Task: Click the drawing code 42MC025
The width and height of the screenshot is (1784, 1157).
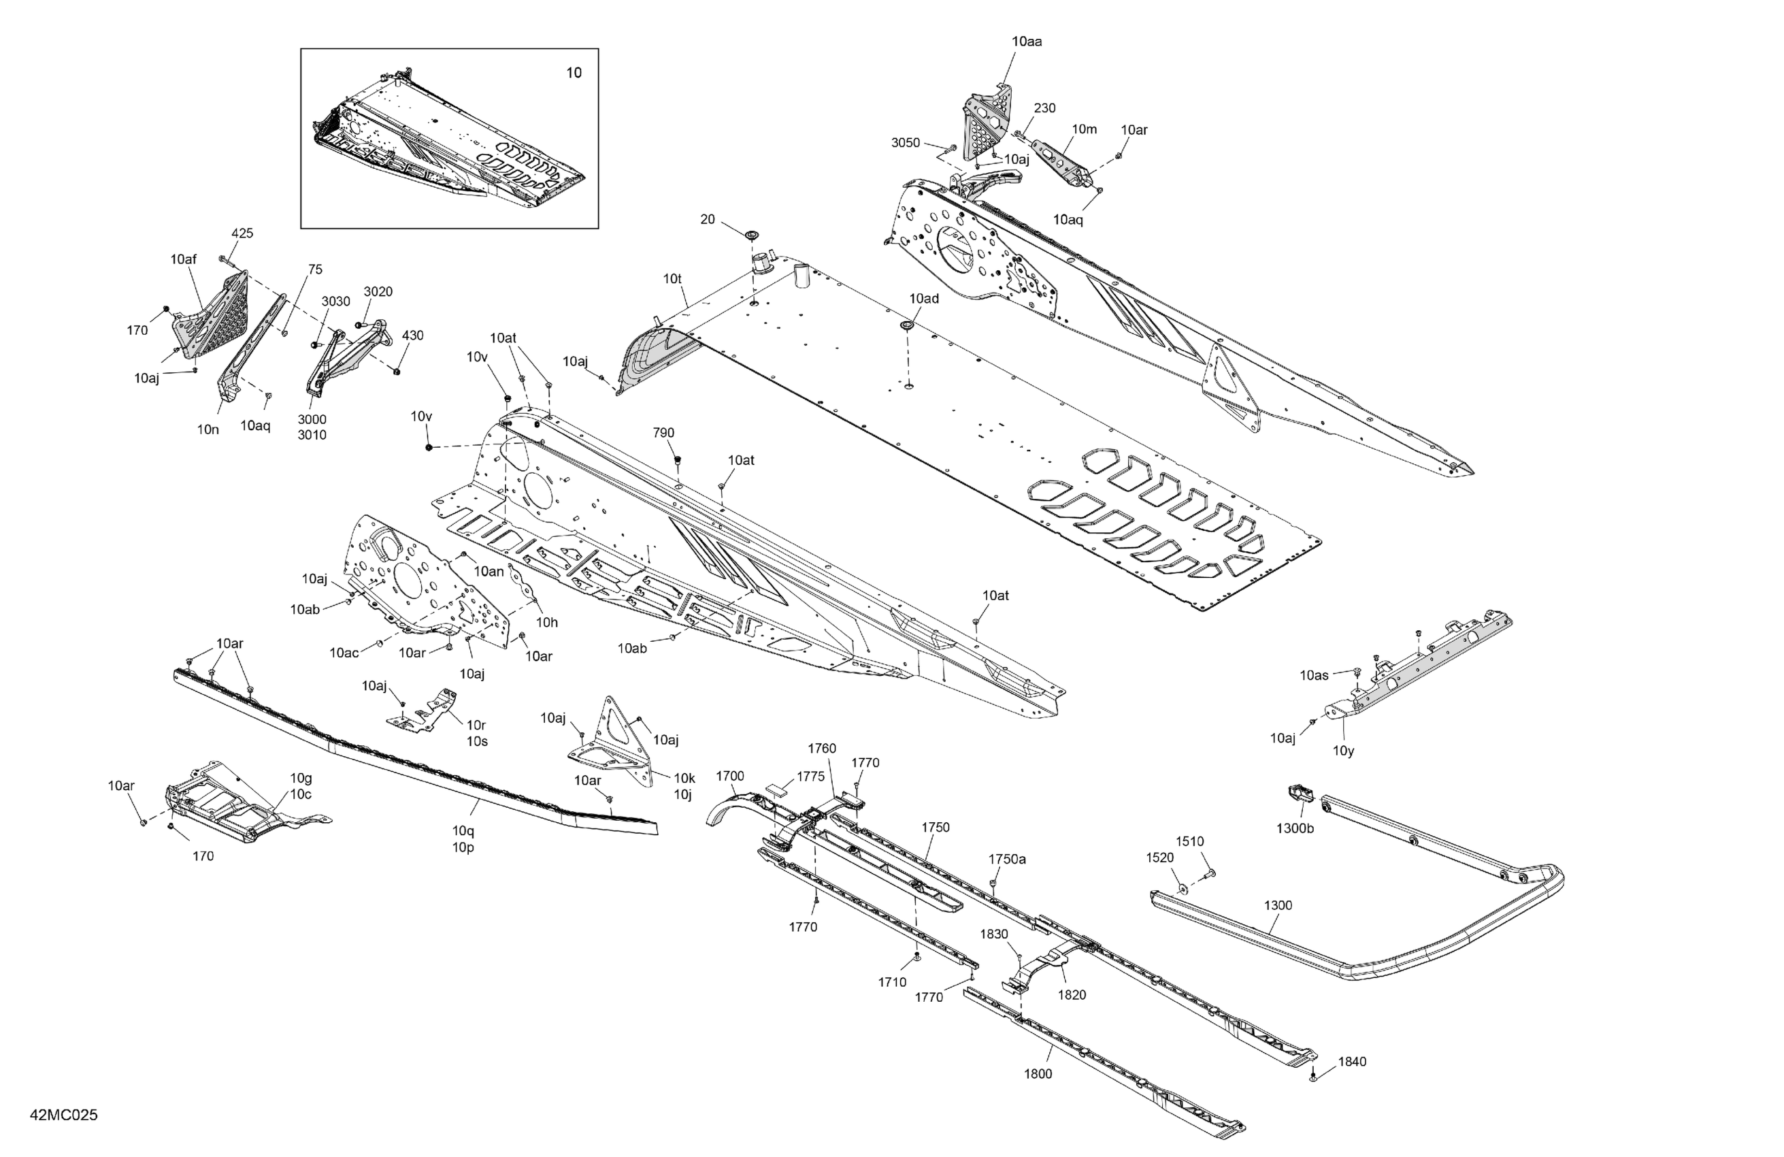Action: click(64, 1115)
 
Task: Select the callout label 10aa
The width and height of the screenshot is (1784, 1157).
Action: click(1026, 42)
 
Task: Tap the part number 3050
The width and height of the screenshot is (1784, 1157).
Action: click(905, 142)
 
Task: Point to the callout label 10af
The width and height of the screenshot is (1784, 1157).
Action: click(183, 259)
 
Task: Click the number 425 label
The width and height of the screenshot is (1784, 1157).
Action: click(242, 233)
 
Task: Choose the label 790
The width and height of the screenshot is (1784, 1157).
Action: click(663, 433)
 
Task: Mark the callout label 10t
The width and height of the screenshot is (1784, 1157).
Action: click(672, 279)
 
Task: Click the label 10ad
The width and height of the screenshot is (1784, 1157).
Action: click(924, 298)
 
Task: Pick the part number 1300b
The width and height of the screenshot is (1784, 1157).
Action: click(1295, 828)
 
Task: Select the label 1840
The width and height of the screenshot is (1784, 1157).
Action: click(1352, 1062)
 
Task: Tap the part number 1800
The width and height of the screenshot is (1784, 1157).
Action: click(1038, 1074)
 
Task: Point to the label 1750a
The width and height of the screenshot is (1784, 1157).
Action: click(1008, 860)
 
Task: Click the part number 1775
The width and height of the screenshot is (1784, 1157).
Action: click(810, 777)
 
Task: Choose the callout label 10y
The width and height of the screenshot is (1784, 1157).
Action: click(1344, 751)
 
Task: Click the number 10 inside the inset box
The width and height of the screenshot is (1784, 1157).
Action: click(574, 73)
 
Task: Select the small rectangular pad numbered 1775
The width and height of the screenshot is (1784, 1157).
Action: click(777, 789)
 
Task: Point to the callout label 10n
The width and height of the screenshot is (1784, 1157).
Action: click(208, 429)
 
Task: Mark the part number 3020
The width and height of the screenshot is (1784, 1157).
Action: click(378, 292)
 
